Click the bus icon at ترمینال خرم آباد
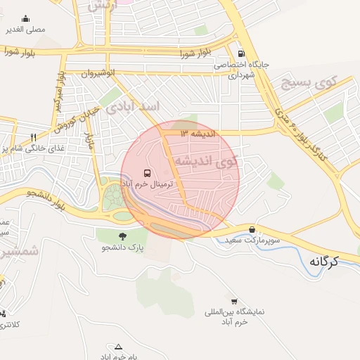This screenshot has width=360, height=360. pyautogui.click(x=146, y=172)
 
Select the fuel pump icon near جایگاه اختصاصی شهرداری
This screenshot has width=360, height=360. pyautogui.click(x=242, y=53)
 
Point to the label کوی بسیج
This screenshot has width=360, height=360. pyautogui.click(x=306, y=83)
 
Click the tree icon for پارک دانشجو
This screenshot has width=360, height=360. pyautogui.click(x=122, y=236)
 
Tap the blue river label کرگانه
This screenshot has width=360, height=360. pyautogui.click(x=323, y=262)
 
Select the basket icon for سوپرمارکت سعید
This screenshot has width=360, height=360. pyautogui.click(x=252, y=229)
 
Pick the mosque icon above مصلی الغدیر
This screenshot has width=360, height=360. pyautogui.click(x=26, y=19)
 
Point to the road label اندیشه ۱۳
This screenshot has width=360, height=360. pyautogui.click(x=199, y=133)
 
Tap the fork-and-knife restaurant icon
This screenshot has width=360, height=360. pyautogui.click(x=32, y=136)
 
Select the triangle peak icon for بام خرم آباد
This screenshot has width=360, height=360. pyautogui.click(x=118, y=346)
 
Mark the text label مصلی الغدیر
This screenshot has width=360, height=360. pyautogui.click(x=26, y=30)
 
